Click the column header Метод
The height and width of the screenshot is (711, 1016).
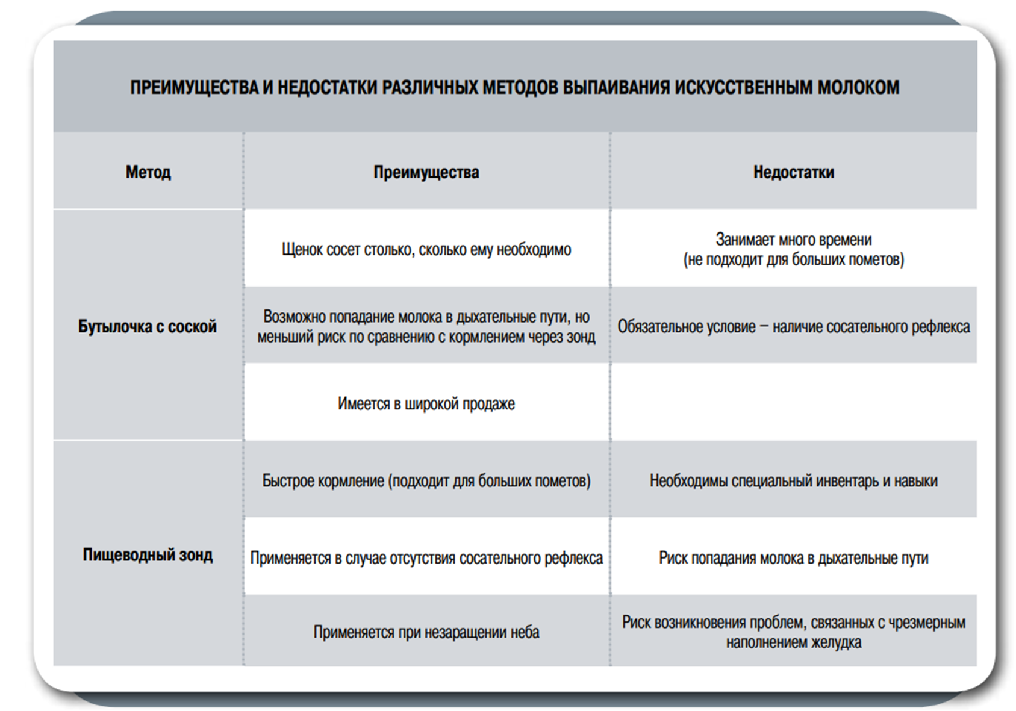click(148, 172)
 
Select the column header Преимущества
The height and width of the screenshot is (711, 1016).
click(426, 172)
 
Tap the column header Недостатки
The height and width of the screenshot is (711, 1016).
click(793, 172)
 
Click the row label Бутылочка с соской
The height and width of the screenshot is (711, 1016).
click(148, 326)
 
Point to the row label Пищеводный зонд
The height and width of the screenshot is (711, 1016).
click(148, 554)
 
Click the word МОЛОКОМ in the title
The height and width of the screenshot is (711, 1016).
click(858, 87)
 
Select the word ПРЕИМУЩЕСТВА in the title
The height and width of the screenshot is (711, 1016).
click(193, 87)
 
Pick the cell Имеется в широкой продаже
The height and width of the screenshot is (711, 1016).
click(426, 403)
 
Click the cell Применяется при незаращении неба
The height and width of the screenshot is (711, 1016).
click(426, 632)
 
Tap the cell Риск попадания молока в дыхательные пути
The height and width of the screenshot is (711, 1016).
click(793, 558)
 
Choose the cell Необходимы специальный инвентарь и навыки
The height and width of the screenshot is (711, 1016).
click(793, 481)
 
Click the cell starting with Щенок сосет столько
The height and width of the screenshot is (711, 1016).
click(426, 249)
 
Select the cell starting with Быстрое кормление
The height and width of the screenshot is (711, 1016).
click(426, 481)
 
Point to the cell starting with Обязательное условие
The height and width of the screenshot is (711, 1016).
click(793, 327)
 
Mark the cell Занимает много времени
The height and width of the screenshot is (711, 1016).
click(793, 249)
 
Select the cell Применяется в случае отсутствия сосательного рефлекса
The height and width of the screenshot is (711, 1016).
click(426, 558)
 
